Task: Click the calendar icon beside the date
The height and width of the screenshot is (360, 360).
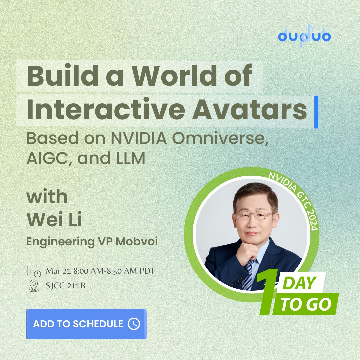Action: pos(33,271)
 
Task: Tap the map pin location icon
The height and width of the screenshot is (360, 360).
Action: pos(33,286)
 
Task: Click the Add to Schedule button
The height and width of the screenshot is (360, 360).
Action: pos(86,324)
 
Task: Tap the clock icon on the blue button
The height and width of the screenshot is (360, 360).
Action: pos(134,324)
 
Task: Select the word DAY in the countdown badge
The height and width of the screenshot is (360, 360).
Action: pos(299,283)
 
